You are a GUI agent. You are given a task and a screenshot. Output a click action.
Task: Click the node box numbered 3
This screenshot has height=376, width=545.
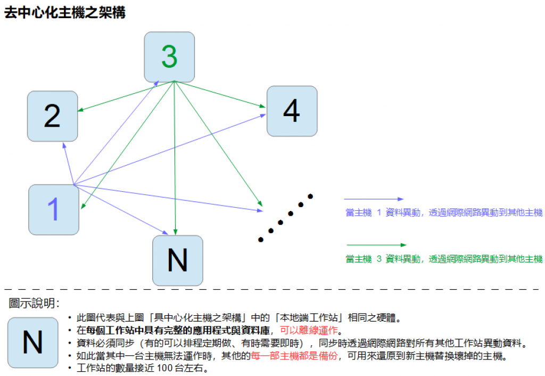[169, 57]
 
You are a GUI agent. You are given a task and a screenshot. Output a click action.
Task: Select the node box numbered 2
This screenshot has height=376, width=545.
[52, 116]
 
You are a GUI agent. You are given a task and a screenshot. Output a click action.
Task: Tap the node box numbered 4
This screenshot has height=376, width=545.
[292, 111]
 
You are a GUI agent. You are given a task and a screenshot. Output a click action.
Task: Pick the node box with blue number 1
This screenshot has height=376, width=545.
[53, 209]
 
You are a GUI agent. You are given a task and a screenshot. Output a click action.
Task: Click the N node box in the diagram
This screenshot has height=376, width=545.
[177, 260]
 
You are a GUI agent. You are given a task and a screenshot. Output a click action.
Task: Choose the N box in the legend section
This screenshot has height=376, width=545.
[32, 342]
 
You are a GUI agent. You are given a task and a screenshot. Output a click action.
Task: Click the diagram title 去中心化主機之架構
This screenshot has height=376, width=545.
[65, 13]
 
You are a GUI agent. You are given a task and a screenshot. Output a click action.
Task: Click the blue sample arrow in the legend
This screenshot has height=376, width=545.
[374, 199]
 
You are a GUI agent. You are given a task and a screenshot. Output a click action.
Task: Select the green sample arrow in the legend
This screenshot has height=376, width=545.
[376, 245]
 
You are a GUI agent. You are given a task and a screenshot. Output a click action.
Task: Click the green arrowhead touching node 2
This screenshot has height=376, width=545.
[80, 111]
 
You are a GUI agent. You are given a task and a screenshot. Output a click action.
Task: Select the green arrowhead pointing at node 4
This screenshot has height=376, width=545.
[262, 107]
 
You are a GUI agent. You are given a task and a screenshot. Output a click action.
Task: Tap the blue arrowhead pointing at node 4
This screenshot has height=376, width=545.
[263, 115]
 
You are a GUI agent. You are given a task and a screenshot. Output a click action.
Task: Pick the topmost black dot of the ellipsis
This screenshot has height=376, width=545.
[310, 197]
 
